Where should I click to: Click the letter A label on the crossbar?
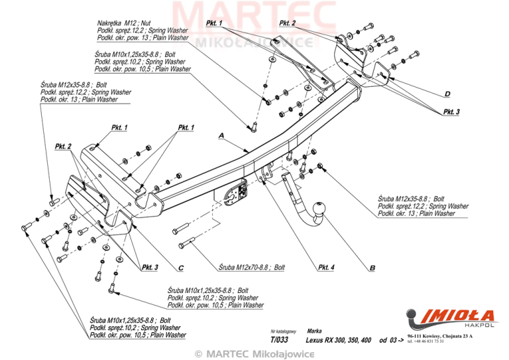221,136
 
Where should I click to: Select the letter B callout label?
372,268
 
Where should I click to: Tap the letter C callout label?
181,268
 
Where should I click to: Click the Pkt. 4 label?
326,268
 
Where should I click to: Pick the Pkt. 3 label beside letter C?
150,268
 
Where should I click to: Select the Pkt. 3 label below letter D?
451,112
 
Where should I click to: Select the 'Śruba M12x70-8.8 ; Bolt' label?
251,268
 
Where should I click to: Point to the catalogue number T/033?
280,339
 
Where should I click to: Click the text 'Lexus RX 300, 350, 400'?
338,340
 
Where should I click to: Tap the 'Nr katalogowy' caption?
283,330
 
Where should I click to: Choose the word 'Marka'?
315,330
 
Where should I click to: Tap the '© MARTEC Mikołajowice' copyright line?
254,353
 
